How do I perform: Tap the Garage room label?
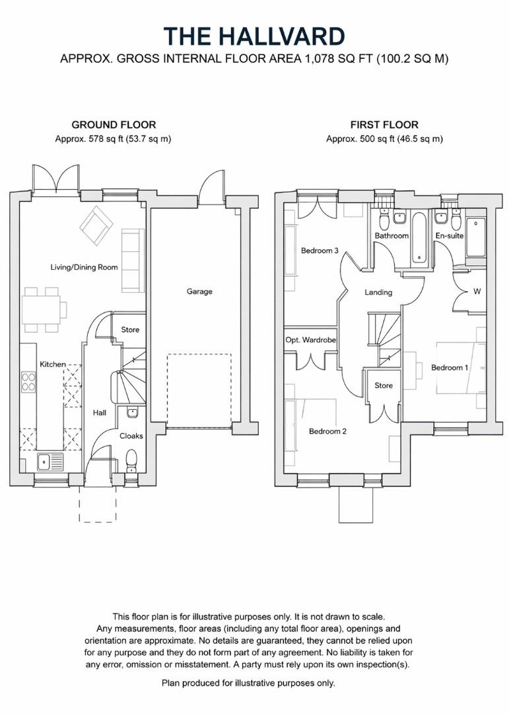pyautogui.click(x=199, y=291)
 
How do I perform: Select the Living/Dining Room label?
pyautogui.click(x=84, y=267)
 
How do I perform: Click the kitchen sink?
pyautogui.click(x=44, y=461)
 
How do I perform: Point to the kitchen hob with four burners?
pyautogui.click(x=29, y=381)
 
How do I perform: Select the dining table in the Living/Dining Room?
pyautogui.click(x=45, y=309)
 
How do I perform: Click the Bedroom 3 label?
pyautogui.click(x=320, y=251)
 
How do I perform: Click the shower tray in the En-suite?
pyautogui.click(x=476, y=237)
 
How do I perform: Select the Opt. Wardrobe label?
pyautogui.click(x=310, y=340)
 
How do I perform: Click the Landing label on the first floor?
pyautogui.click(x=378, y=292)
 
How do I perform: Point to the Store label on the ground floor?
pyautogui.click(x=130, y=329)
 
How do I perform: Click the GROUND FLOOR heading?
pyautogui.click(x=114, y=124)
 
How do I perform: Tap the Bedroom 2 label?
pyautogui.click(x=328, y=431)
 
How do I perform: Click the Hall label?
pyautogui.click(x=100, y=412)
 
